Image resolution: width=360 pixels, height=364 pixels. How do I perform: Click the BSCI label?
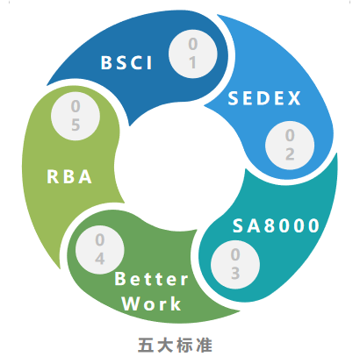coord(126,62)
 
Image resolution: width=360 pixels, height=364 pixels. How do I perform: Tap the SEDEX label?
coord(264,98)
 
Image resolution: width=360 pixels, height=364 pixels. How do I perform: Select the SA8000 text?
coord(276,225)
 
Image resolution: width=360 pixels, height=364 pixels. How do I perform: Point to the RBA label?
coord(69,176)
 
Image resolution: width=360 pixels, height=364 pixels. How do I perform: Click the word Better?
coord(151,279)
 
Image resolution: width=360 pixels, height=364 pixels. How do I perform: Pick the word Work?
coord(151,303)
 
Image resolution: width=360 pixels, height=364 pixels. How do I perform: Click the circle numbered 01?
coord(193,54)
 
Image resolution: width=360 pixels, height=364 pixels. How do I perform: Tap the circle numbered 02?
coord(290,145)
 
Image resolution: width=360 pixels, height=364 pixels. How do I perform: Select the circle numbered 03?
coord(235,264)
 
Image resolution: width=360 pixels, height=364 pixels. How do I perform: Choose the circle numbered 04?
coord(100,250)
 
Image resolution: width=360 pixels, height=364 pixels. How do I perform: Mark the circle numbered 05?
coord(76,116)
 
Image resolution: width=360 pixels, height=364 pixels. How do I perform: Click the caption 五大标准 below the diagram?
coord(175,346)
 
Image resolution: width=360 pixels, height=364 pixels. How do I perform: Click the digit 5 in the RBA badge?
coord(76,125)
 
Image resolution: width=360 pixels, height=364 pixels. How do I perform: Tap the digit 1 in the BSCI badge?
coord(192,62)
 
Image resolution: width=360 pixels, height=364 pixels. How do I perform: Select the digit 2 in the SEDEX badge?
coord(290,153)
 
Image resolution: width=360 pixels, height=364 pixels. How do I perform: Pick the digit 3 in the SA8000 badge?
coord(235,273)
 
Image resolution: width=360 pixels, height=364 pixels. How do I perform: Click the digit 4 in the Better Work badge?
coord(100,259)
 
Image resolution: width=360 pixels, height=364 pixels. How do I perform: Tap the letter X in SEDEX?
coord(294,98)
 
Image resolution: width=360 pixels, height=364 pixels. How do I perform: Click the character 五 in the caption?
coord(146,346)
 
